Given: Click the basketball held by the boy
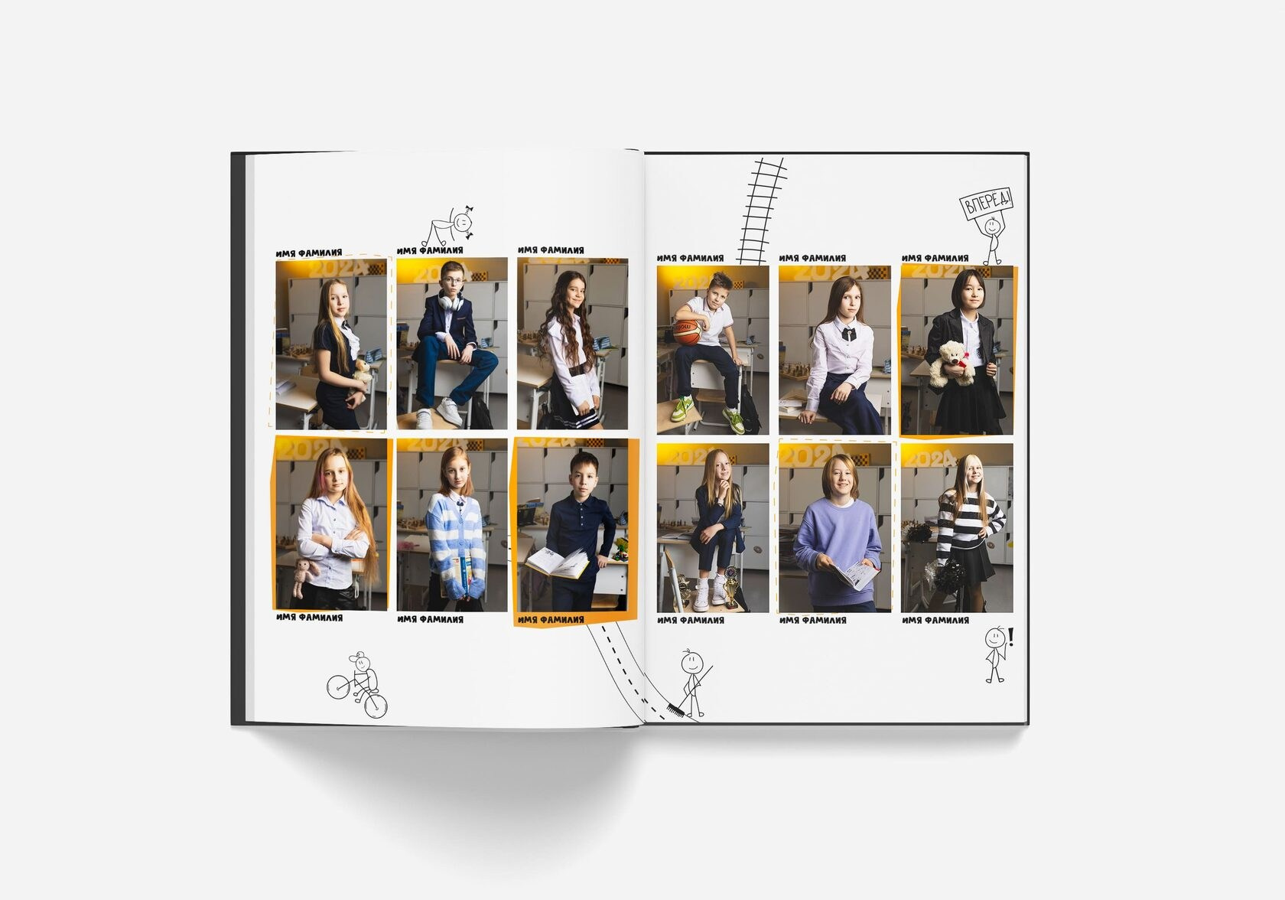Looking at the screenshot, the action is (x=687, y=332).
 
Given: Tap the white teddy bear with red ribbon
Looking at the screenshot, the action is (x=952, y=364).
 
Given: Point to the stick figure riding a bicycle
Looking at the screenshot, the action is (x=356, y=686).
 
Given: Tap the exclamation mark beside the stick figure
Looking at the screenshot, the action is (x=1011, y=637).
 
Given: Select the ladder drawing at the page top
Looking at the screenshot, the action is (x=761, y=210).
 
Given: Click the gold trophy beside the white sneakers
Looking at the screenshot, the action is (x=731, y=586).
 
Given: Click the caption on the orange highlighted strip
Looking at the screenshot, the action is (x=551, y=620).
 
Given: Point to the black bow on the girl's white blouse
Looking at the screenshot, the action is (x=845, y=334).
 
